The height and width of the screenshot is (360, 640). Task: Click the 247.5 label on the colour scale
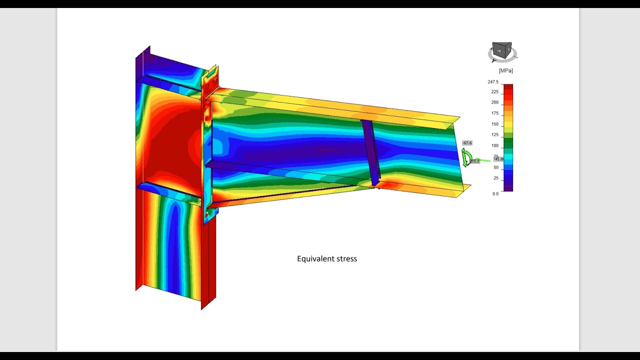point(493,82)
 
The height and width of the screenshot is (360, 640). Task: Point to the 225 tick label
point(494,92)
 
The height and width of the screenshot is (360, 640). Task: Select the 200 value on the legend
point(494,102)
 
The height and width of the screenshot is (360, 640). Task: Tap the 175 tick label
point(494,113)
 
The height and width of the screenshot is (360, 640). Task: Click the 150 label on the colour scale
point(494,124)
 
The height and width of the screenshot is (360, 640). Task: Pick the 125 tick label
point(494,135)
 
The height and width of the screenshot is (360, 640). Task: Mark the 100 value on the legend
point(494,146)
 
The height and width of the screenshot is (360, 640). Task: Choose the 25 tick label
point(495,178)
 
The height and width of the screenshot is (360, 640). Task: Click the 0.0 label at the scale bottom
point(495,193)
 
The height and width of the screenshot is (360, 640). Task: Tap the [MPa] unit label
point(505,70)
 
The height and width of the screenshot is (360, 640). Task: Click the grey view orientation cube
point(501,50)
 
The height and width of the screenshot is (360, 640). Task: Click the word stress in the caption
point(346,258)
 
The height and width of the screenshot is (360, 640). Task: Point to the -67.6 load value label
point(466,143)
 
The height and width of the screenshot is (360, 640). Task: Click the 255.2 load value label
point(474,161)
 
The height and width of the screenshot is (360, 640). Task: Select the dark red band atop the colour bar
point(508,88)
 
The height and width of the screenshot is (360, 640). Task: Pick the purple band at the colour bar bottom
point(508,188)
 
